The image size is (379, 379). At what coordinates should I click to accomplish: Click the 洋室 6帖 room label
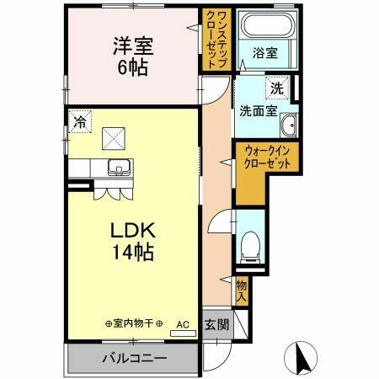tap(132, 55)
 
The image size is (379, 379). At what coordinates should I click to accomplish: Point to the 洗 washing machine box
tap(277, 87)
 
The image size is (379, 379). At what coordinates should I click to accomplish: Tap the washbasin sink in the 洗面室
tap(289, 125)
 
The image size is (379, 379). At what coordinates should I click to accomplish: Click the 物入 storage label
tap(241, 291)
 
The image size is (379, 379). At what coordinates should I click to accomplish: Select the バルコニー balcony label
tap(135, 357)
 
